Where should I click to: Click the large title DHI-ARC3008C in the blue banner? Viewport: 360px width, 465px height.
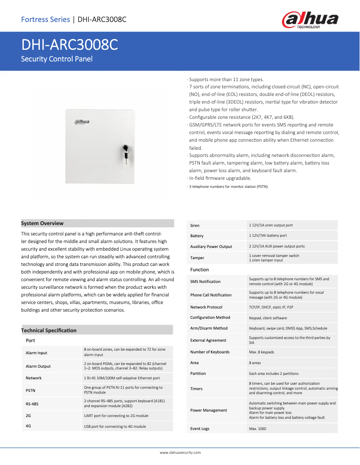[x=70, y=45]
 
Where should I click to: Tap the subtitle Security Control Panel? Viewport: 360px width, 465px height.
[x=57, y=59]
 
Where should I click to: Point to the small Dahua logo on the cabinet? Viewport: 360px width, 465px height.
[x=81, y=122]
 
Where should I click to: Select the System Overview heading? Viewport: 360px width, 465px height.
[x=42, y=223]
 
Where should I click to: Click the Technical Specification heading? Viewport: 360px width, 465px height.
[x=48, y=330]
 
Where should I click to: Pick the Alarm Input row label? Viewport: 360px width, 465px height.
[x=36, y=353]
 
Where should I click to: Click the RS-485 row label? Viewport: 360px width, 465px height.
[x=32, y=404]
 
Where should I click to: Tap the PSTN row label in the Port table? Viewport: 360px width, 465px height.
[x=31, y=391]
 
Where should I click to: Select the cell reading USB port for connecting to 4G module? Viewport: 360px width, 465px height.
[x=115, y=426]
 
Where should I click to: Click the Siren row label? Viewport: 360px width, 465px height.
[x=195, y=226]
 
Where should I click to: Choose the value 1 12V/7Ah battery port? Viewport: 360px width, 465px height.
[x=268, y=235]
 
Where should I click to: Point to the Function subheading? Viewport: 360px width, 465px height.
[x=199, y=269]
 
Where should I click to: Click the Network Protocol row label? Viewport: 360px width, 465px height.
[x=206, y=307]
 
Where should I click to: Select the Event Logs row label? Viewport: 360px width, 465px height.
[x=200, y=429]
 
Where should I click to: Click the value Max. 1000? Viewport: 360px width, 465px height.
[x=258, y=429]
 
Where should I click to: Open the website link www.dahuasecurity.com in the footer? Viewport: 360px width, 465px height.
[x=180, y=453]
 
